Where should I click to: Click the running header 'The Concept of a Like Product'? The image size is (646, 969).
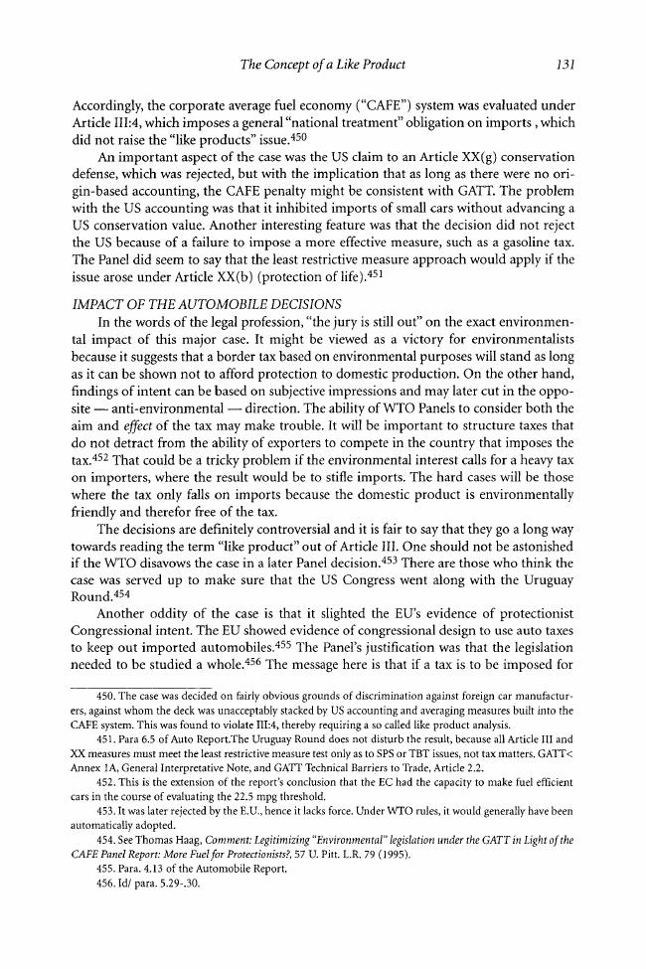pyautogui.click(x=323, y=65)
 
